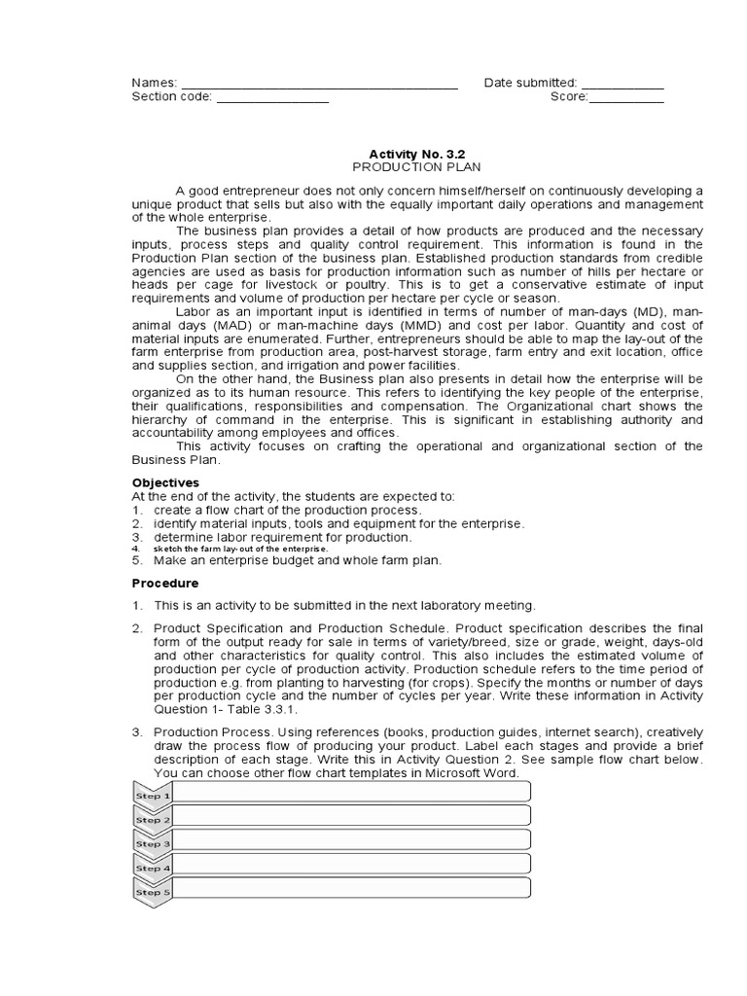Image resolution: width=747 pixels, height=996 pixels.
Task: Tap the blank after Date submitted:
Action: (622, 85)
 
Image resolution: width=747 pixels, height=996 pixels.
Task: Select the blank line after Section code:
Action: (272, 98)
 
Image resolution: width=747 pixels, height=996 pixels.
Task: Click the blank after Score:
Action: (626, 98)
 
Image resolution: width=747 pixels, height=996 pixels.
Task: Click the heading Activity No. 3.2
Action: (410, 154)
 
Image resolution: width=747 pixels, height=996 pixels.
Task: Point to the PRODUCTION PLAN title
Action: (410, 166)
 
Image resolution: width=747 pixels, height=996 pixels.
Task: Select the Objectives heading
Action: (165, 482)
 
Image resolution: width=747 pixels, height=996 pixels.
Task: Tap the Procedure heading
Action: (164, 584)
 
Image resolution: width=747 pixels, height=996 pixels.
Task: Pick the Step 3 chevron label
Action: (152, 844)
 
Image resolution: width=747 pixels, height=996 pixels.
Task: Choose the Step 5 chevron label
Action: (152, 892)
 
